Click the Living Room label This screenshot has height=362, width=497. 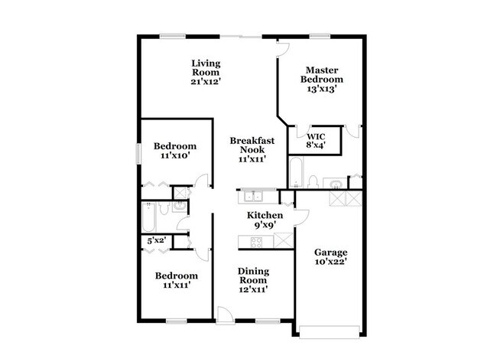tap(206, 72)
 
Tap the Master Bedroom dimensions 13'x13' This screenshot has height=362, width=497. tap(321, 90)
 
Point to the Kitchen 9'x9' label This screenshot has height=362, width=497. tap(264, 221)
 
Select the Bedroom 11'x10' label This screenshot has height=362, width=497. tap(174, 150)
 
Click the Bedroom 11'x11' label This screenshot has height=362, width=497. tap(176, 280)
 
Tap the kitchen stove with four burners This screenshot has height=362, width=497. tap(257, 242)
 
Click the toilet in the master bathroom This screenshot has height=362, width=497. tap(313, 181)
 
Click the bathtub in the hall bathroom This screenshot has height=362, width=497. tap(148, 219)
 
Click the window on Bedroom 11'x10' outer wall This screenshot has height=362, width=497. tap(138, 150)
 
